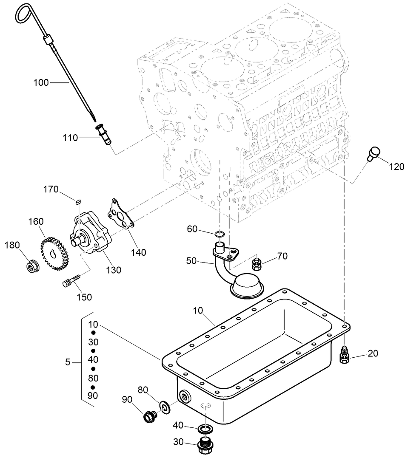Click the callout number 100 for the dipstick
tap(41, 82)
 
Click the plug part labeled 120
tap(373, 153)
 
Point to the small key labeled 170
tap(78, 201)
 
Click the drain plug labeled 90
tap(149, 417)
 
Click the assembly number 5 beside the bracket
tap(68, 362)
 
